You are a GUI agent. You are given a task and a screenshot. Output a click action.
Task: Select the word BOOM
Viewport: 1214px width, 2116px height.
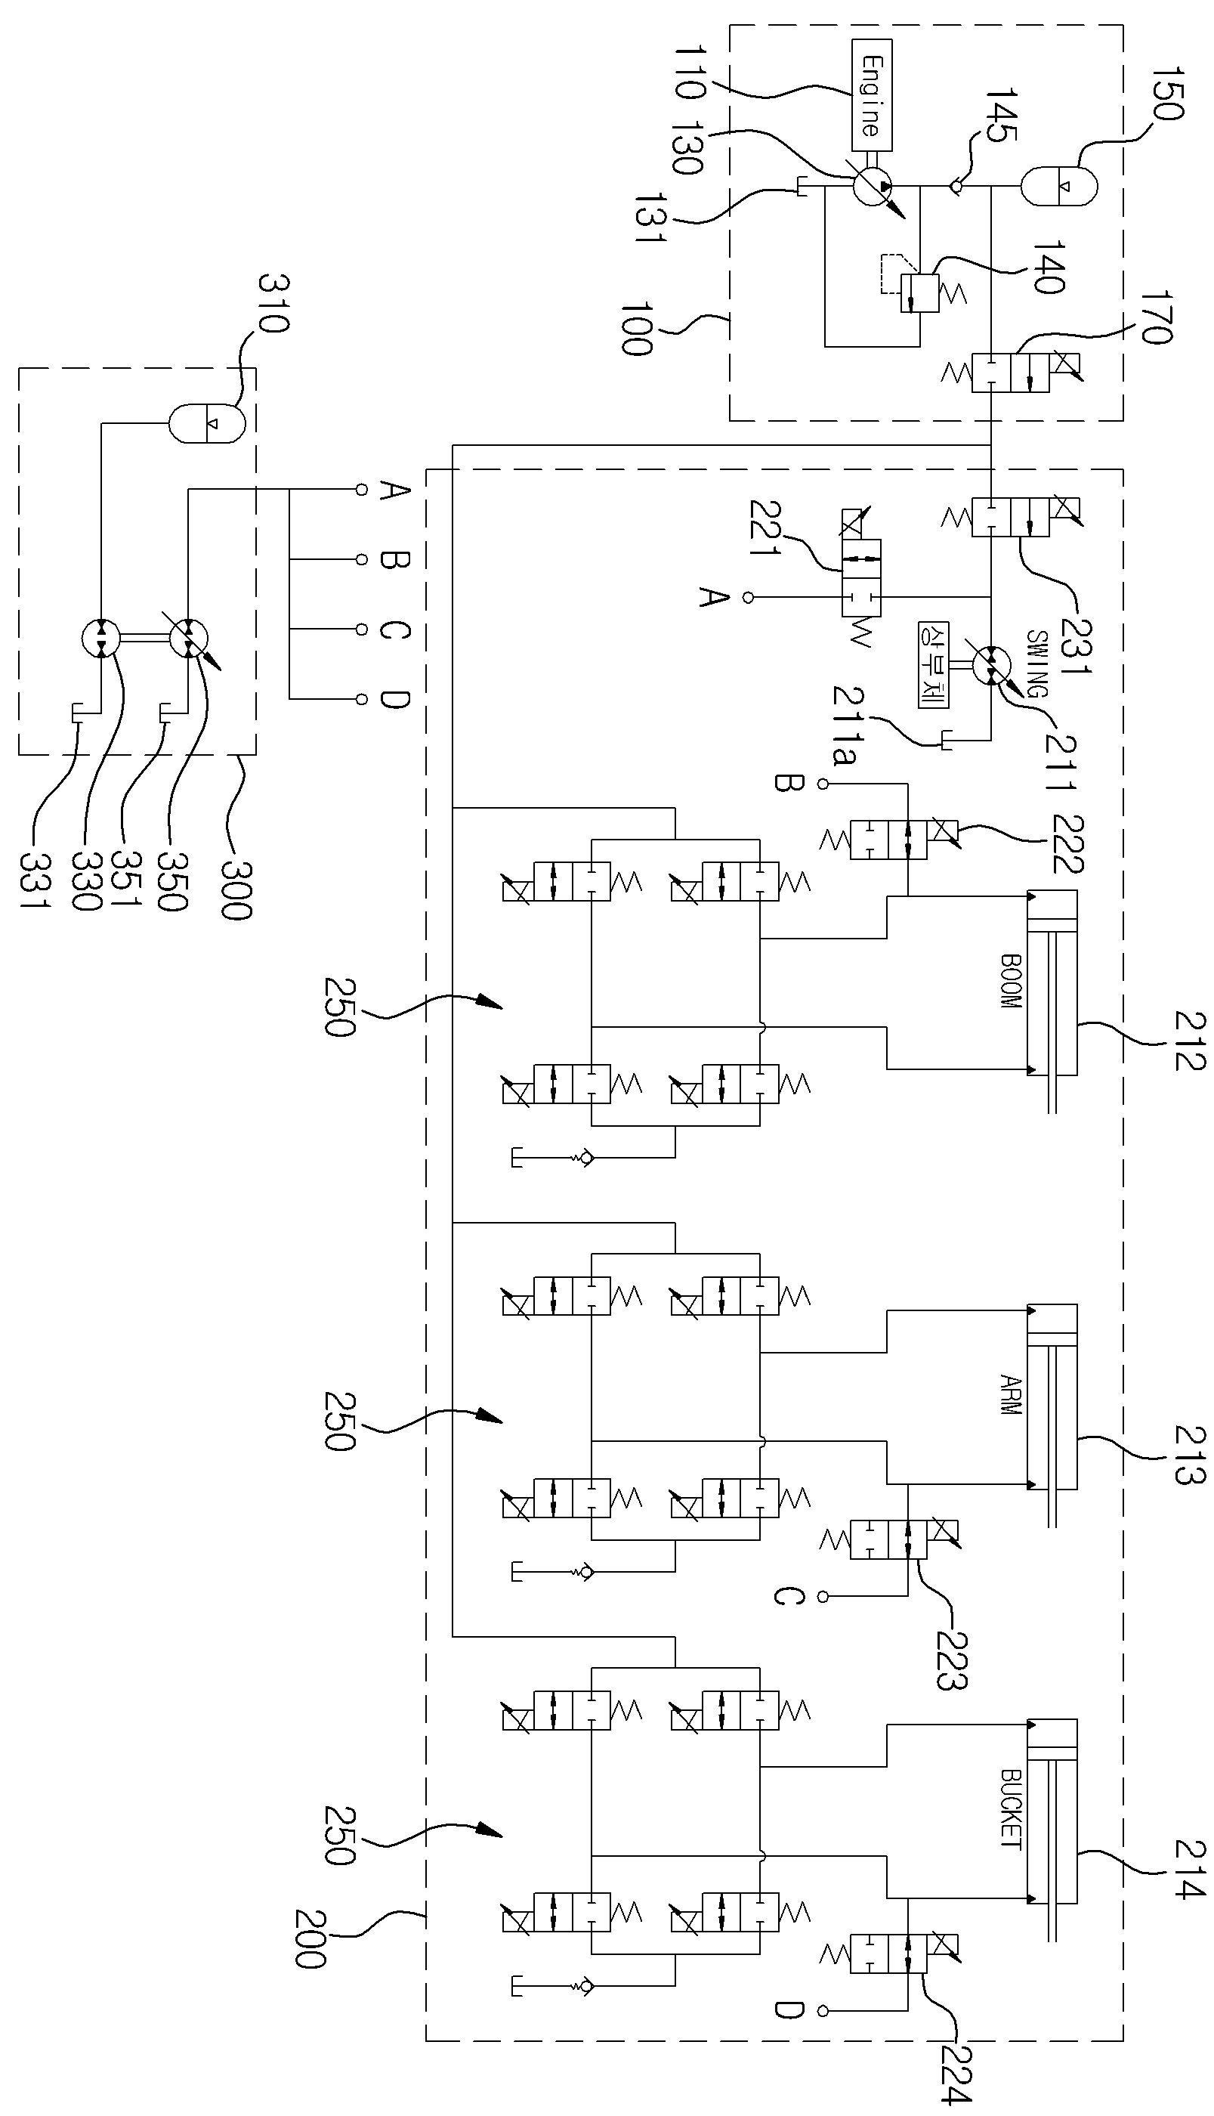(x=1011, y=982)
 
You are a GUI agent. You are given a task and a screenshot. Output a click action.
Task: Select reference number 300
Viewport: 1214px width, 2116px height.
(x=236, y=892)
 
